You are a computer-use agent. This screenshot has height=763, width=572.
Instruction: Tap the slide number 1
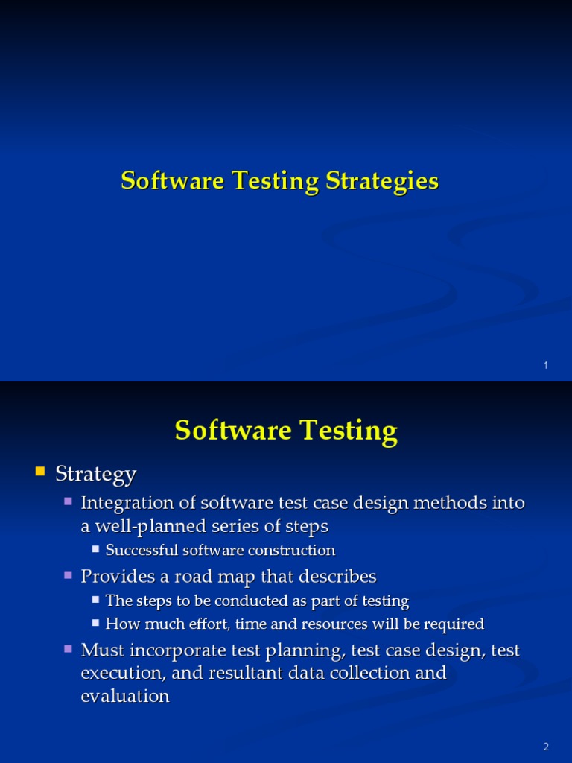coord(546,365)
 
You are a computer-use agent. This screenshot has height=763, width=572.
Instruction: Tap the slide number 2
coord(546,747)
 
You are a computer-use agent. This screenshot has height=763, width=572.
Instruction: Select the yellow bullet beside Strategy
coord(40,472)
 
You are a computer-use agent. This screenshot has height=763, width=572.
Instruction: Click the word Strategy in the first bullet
coord(96,473)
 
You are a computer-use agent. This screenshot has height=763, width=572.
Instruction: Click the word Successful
coord(142,551)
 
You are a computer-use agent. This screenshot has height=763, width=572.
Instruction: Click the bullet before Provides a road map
coord(69,575)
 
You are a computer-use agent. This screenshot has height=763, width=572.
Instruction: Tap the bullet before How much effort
coord(96,623)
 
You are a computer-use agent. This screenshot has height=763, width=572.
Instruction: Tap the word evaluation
coord(125,696)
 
